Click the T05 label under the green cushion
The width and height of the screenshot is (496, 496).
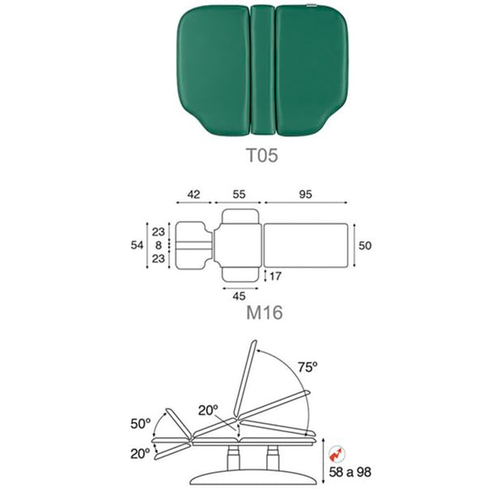tap(262, 155)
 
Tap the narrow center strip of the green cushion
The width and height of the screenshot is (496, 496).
tap(263, 70)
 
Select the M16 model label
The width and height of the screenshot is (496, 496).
tap(265, 312)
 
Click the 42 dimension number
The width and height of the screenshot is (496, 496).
tap(193, 194)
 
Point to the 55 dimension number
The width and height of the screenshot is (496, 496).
tap(239, 194)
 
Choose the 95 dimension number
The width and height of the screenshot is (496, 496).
tap(306, 194)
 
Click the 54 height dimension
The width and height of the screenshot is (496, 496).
tap(137, 246)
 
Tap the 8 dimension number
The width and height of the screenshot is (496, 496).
tap(159, 246)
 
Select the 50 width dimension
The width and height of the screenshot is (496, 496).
tap(365, 246)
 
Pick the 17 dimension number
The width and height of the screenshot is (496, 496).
tap(275, 276)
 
